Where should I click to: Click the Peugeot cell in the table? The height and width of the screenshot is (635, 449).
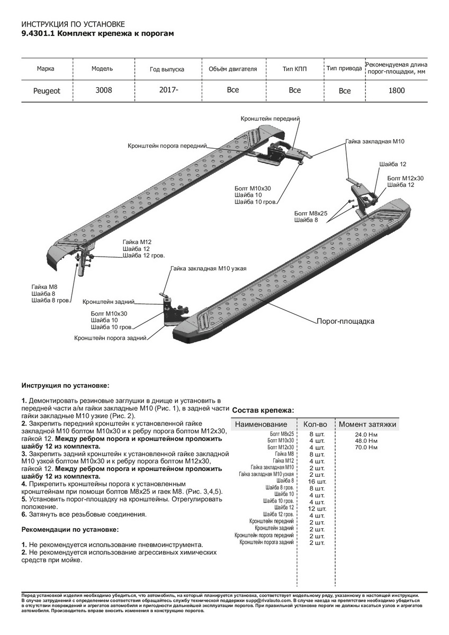[x=47, y=91]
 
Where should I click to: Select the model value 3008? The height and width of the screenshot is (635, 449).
[x=103, y=90]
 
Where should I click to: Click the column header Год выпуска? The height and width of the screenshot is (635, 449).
[x=167, y=69]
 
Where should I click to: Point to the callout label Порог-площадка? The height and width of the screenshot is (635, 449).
[x=345, y=321]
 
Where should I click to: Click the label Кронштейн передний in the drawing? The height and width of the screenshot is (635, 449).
[x=270, y=120]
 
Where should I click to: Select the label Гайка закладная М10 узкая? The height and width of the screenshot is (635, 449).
[x=208, y=269]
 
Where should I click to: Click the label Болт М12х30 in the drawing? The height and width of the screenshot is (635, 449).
[x=406, y=178]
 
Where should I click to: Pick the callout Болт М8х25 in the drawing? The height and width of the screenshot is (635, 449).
[x=311, y=213]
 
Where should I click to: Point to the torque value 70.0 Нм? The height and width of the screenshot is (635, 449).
[x=366, y=448]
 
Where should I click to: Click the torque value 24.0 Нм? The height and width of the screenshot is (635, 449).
[x=366, y=434]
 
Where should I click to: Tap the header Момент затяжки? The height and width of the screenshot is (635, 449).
[x=367, y=424]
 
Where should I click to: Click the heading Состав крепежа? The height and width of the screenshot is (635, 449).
[x=263, y=411]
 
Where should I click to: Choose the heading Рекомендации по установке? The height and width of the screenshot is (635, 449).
[x=70, y=529]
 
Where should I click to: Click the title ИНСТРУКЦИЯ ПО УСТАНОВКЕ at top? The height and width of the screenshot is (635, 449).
[x=73, y=24]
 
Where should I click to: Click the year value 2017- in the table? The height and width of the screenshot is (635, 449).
[x=168, y=90]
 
